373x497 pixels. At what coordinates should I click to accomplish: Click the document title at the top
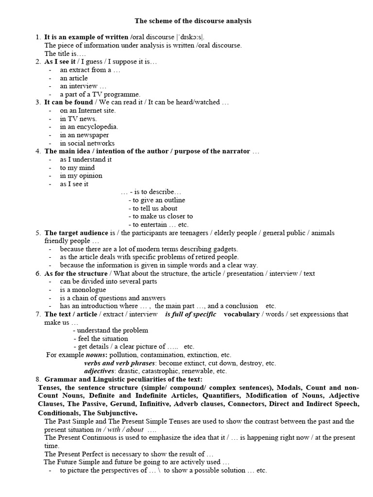tap(193, 21)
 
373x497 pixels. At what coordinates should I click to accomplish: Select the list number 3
tap(38, 102)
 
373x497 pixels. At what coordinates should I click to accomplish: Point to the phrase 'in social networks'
tap(87, 143)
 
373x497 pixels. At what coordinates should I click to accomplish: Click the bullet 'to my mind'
tap(77, 168)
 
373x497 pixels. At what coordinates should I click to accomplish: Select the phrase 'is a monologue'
tap(83, 290)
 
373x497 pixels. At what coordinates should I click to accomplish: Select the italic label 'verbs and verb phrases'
tap(119, 363)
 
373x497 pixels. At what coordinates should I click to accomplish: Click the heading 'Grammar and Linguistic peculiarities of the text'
tap(124, 379)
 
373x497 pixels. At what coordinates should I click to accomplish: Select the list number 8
tap(38, 379)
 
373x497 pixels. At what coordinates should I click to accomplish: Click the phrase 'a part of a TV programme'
tap(100, 94)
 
